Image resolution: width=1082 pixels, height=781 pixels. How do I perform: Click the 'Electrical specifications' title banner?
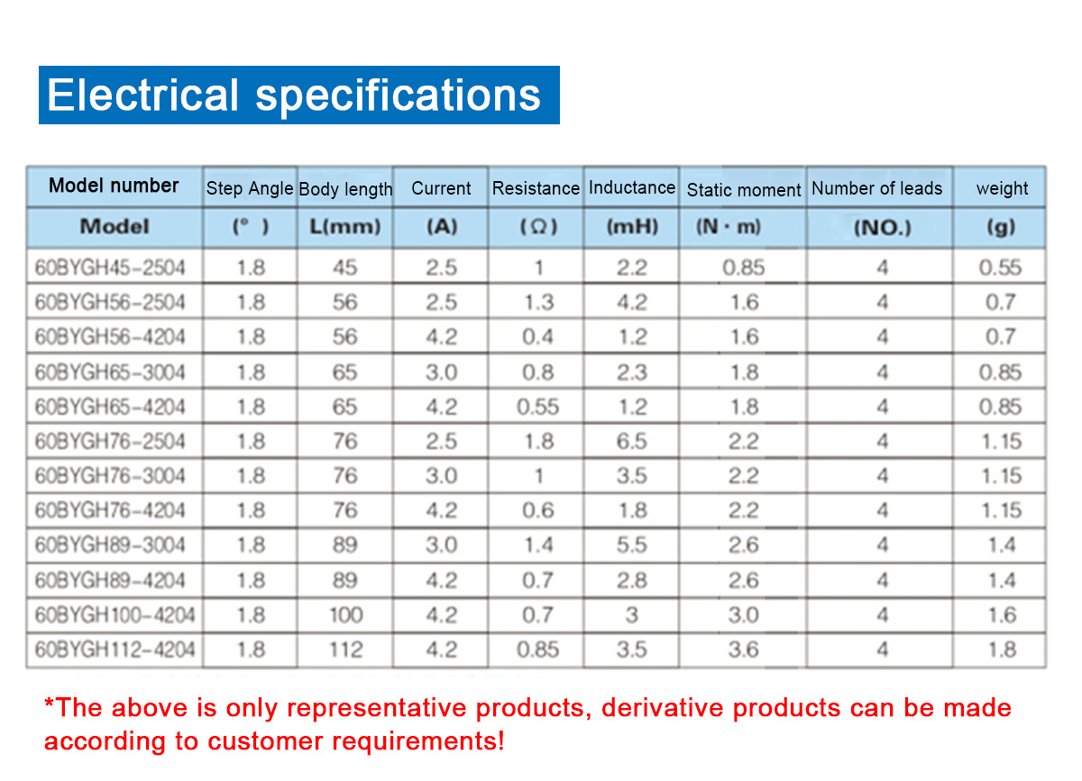tap(299, 95)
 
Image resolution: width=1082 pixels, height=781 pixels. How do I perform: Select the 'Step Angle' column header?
tap(250, 188)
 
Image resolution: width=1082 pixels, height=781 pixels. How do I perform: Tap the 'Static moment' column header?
tap(744, 190)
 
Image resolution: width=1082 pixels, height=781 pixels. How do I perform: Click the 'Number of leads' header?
tap(876, 188)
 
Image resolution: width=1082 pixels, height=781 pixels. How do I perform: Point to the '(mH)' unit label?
tap(632, 226)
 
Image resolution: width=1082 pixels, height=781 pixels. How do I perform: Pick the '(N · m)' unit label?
tap(729, 226)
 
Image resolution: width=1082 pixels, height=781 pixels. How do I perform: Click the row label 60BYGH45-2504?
tap(110, 268)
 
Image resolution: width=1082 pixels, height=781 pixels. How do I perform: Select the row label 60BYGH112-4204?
tap(115, 649)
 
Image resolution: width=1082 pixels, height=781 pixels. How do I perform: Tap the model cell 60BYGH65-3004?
tap(110, 372)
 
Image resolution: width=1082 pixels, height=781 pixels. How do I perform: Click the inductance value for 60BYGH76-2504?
tap(632, 441)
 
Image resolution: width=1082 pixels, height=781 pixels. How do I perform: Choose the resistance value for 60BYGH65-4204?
tap(537, 407)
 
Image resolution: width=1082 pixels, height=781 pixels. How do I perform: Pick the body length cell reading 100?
tap(346, 615)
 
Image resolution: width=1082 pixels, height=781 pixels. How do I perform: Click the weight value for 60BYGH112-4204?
tap(1003, 649)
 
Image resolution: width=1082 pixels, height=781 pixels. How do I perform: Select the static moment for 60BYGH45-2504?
tap(743, 268)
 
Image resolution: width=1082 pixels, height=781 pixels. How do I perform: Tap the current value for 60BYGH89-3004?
tap(442, 545)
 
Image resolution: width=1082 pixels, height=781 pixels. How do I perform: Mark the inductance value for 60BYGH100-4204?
tap(632, 615)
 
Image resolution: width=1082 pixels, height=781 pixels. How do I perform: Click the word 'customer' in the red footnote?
tap(265, 741)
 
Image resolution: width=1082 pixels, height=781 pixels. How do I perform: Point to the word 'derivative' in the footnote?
tap(662, 708)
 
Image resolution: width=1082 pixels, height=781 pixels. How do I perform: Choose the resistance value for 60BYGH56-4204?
tap(537, 337)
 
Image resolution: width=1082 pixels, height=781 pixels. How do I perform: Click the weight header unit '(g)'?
tap(1001, 226)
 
